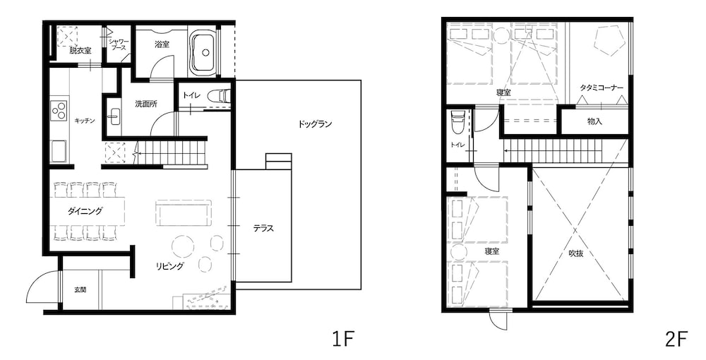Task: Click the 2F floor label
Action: coord(676,340)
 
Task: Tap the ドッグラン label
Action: coord(316,124)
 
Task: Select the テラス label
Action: coord(263,228)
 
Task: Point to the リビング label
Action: coord(170,266)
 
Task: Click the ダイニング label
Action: coord(85,210)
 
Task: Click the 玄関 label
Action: coord(80,289)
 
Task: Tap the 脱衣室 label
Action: coord(80,50)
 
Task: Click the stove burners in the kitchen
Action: coord(58,111)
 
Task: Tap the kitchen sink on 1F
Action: coord(58,150)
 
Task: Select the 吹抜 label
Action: coord(576,253)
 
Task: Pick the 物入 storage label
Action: coord(595,121)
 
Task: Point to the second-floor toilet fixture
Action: coord(457,121)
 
